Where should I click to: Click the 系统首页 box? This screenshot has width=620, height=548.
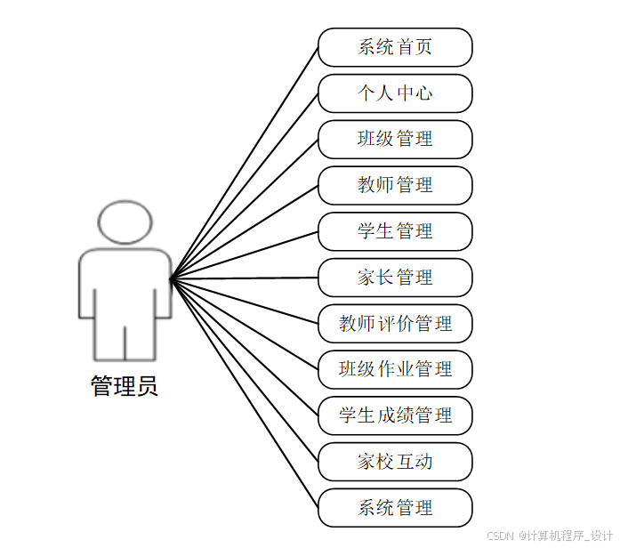pyautogui.click(x=395, y=47)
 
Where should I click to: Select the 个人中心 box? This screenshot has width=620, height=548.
pyautogui.click(x=395, y=93)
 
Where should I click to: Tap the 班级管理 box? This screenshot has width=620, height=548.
pyautogui.click(x=395, y=140)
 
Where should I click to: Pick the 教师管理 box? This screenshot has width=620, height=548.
pyautogui.click(x=395, y=185)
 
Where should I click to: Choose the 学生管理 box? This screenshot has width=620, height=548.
pyautogui.click(x=395, y=231)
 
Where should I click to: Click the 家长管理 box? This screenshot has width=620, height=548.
pyautogui.click(x=395, y=278)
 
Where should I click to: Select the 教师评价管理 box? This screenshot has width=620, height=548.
pyautogui.click(x=395, y=324)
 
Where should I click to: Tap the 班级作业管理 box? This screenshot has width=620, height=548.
pyautogui.click(x=395, y=369)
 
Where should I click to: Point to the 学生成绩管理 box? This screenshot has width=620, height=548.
pyautogui.click(x=395, y=415)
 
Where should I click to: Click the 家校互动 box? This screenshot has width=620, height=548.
pyautogui.click(x=395, y=462)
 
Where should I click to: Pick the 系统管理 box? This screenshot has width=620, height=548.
pyautogui.click(x=395, y=508)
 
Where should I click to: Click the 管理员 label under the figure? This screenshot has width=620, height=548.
pyautogui.click(x=125, y=387)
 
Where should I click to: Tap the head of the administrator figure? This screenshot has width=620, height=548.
pyautogui.click(x=125, y=223)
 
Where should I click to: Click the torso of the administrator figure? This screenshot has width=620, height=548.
pyautogui.click(x=125, y=285)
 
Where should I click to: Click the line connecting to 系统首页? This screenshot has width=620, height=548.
pyautogui.click(x=245, y=163)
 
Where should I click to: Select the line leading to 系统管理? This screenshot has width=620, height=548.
pyautogui.click(x=245, y=392)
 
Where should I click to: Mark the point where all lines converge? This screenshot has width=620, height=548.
pyautogui.click(x=171, y=278)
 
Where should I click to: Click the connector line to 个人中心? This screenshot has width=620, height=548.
pyautogui.click(x=245, y=186)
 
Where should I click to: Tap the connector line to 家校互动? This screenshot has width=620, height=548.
pyautogui.click(x=245, y=369)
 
